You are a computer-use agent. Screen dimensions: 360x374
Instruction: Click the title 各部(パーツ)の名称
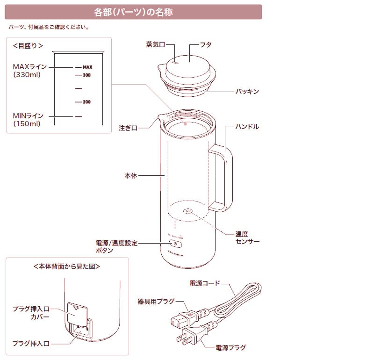click(133, 12)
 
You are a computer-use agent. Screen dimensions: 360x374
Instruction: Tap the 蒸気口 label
click(156, 45)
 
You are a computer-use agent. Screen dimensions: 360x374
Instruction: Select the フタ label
click(206, 45)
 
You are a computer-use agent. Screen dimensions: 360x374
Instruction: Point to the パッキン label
click(246, 92)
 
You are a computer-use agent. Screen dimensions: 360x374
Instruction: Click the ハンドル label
click(247, 127)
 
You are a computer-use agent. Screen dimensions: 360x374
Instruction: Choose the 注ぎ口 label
click(128, 128)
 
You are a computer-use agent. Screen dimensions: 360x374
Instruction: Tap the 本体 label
click(131, 176)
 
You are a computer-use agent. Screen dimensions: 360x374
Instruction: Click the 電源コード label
click(204, 283)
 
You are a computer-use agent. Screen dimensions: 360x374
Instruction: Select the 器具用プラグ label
click(156, 301)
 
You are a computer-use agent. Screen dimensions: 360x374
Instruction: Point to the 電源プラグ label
click(230, 348)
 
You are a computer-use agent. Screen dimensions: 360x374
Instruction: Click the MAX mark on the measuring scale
click(87, 67)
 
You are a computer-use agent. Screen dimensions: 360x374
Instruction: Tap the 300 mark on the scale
click(86, 75)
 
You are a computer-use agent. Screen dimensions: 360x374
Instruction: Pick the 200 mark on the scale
click(86, 102)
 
